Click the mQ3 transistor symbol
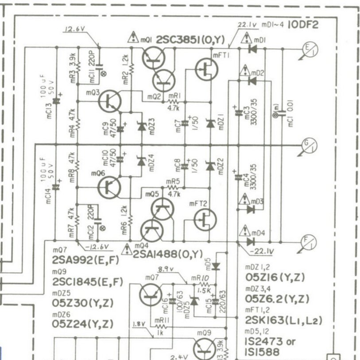click(109, 101)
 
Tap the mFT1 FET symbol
click(206, 70)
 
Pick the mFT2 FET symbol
click(205, 219)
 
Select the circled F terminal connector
click(307, 242)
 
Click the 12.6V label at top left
click(74, 31)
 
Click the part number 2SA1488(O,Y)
click(168, 253)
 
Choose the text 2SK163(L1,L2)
click(283, 321)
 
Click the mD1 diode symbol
click(253, 49)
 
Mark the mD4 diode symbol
click(251, 242)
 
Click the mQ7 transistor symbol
click(151, 294)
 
